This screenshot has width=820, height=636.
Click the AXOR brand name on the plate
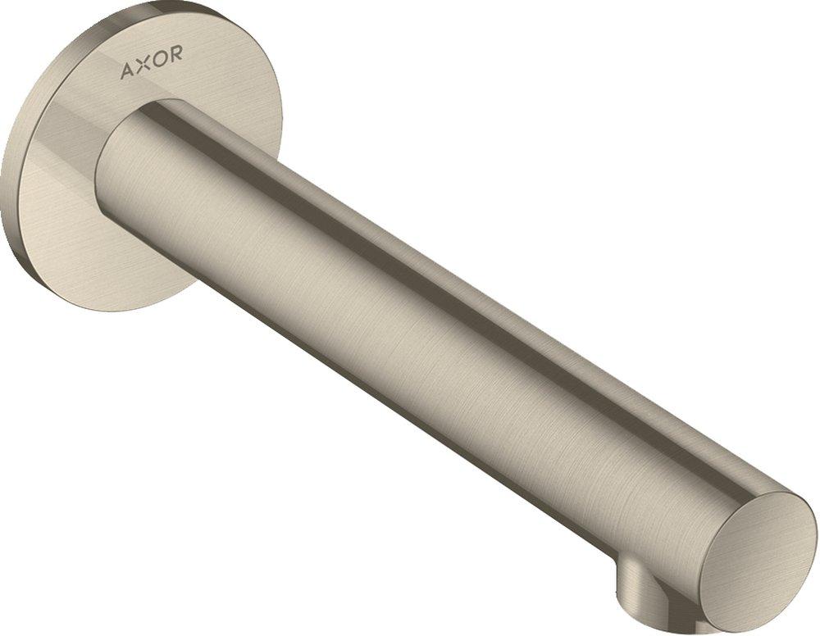[152, 70]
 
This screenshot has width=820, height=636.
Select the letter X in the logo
[143, 70]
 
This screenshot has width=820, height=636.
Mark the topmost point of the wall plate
[139, 6]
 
